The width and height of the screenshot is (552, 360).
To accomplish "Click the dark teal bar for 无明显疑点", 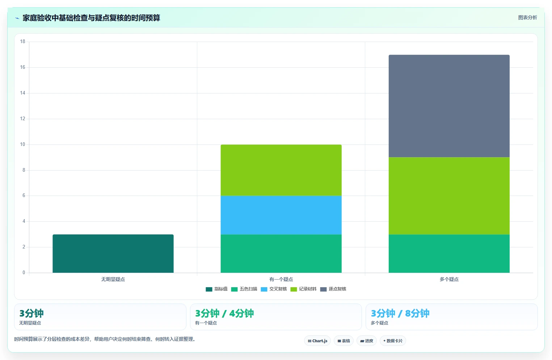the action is pyautogui.click(x=113, y=254).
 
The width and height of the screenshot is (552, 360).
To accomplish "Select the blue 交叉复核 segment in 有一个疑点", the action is pyautogui.click(x=281, y=215).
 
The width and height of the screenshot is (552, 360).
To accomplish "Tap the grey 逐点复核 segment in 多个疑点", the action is pyautogui.click(x=449, y=106).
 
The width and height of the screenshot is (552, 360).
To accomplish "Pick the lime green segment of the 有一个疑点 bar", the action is pyautogui.click(x=281, y=170).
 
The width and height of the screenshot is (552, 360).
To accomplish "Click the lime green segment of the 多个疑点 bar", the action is pyautogui.click(x=449, y=196).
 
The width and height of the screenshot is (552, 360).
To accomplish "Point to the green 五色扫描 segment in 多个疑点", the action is pyautogui.click(x=449, y=254).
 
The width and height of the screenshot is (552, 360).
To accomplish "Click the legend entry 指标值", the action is pyautogui.click(x=216, y=289).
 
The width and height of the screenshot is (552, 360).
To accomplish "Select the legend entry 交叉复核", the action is pyautogui.click(x=274, y=289).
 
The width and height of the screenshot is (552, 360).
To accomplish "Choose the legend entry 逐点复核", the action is pyautogui.click(x=333, y=289).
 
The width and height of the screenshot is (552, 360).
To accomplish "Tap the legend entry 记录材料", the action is pyautogui.click(x=303, y=289).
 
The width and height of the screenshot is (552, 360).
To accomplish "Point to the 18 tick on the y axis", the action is pyautogui.click(x=23, y=41).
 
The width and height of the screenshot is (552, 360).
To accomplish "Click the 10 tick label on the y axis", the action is pyautogui.click(x=23, y=144).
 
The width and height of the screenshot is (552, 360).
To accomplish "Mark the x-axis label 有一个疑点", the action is pyautogui.click(x=281, y=279).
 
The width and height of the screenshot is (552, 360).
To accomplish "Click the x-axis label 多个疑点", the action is pyautogui.click(x=449, y=279).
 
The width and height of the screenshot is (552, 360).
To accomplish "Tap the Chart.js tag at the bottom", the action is pyautogui.click(x=317, y=341).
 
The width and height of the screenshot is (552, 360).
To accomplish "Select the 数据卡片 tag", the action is pyautogui.click(x=393, y=341).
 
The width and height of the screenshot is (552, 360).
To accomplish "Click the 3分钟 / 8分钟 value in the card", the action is pyautogui.click(x=400, y=313).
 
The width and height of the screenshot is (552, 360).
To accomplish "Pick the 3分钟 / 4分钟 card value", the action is pyautogui.click(x=224, y=313).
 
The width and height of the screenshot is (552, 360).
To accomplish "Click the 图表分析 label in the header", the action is pyautogui.click(x=528, y=17).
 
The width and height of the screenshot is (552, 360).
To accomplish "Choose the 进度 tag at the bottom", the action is pyautogui.click(x=367, y=341).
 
